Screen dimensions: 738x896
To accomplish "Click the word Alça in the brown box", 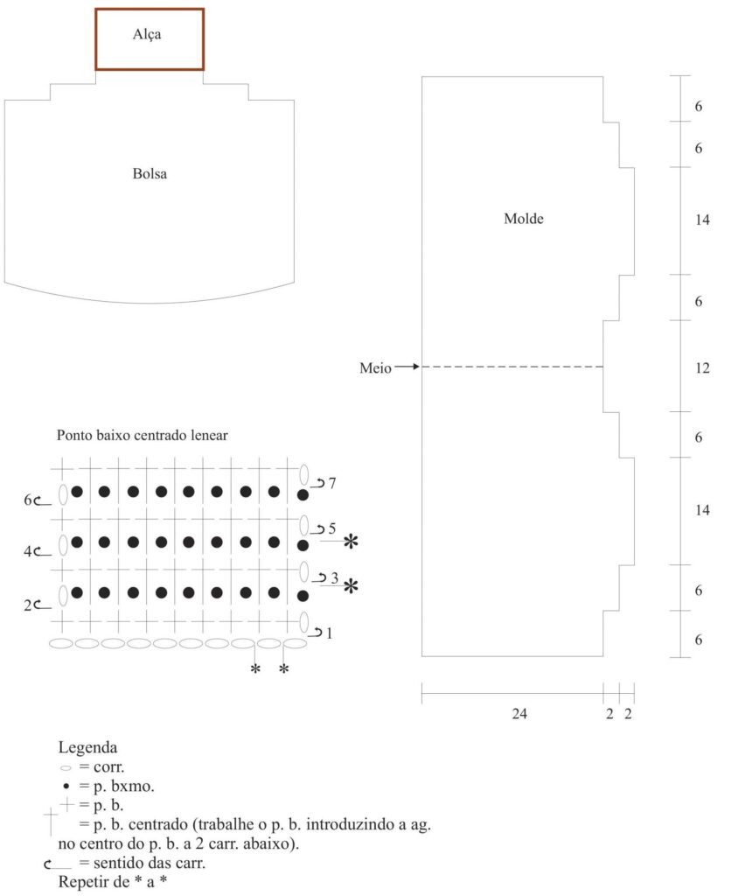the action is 147,34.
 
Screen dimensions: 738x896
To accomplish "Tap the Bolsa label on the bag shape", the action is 150,174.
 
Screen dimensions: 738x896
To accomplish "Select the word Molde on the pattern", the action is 523,218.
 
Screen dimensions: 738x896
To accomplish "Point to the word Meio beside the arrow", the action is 375,368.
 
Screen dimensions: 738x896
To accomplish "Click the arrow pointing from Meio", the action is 407,367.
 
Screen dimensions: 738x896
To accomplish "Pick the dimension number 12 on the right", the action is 702,368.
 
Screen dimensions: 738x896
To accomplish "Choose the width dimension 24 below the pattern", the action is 519,714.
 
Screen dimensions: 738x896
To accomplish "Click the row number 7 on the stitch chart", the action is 332,483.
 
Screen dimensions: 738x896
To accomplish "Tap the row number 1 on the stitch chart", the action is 329,633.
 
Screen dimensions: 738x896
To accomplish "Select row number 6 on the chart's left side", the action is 27,500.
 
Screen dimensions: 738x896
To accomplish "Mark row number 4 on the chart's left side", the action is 27,551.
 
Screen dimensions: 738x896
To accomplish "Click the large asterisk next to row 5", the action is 351,541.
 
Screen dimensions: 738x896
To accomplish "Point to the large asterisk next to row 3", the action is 351,586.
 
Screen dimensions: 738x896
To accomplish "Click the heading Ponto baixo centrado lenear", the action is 143,436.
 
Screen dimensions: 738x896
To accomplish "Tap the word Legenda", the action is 87,747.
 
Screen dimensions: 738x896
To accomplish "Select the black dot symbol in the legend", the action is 66,787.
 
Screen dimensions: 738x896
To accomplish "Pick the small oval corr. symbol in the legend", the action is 66,768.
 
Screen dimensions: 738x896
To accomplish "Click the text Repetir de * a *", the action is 113,882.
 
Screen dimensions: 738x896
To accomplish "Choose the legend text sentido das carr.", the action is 149,862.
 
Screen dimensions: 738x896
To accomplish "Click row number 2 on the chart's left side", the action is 27,605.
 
